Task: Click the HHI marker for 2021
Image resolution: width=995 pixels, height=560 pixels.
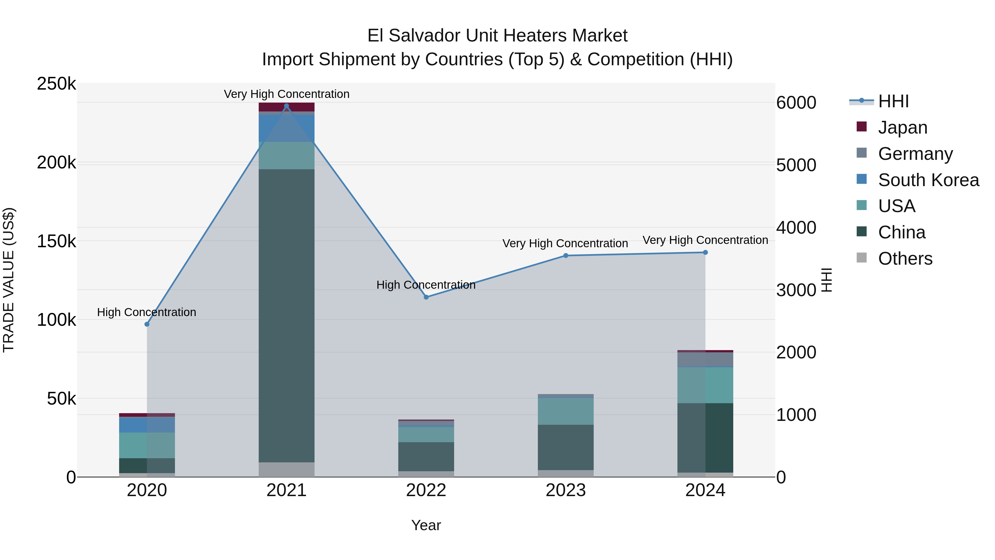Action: [x=287, y=106]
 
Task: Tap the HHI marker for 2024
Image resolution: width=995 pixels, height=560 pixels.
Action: [x=705, y=252]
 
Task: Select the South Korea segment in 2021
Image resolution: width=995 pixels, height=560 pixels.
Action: [x=287, y=128]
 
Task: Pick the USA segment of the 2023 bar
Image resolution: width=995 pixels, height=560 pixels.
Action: [x=565, y=411]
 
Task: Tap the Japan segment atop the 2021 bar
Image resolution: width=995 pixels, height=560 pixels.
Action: [x=287, y=107]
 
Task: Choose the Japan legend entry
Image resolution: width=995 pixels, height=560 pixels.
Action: [x=902, y=127]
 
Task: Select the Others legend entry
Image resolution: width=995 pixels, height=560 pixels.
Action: [x=905, y=259]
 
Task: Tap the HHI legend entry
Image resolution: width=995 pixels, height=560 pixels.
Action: [x=893, y=101]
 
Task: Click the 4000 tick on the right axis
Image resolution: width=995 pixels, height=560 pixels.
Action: [x=797, y=228]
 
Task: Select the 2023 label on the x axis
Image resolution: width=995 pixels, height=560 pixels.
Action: [x=565, y=490]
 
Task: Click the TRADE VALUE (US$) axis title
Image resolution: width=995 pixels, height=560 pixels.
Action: [x=9, y=280]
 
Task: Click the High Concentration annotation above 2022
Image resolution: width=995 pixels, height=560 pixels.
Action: [x=426, y=285]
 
